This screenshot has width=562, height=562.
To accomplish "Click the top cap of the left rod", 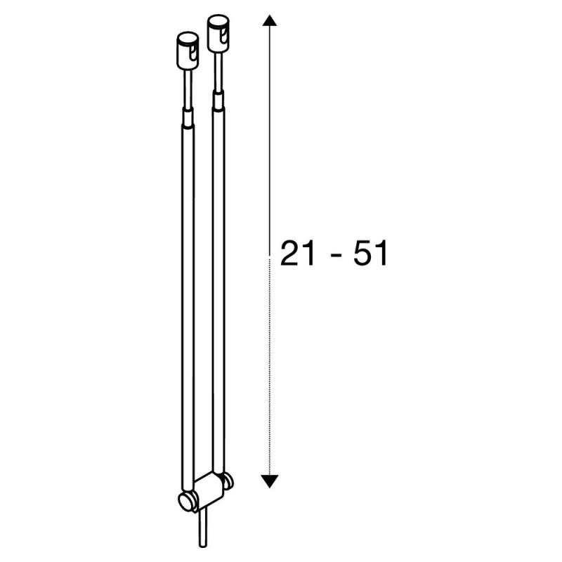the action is pyautogui.click(x=188, y=51).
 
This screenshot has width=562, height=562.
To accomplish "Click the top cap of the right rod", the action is pyautogui.click(x=218, y=33).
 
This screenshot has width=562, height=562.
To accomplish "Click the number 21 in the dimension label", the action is pyautogui.click(x=297, y=254).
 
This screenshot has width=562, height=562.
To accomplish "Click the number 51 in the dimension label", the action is pyautogui.click(x=371, y=254).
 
